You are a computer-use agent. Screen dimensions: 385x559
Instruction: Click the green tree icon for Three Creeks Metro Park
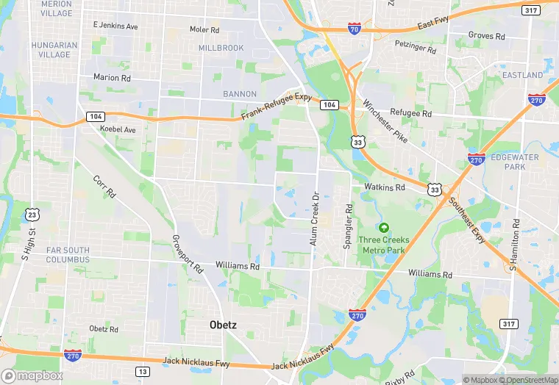pos(383,227)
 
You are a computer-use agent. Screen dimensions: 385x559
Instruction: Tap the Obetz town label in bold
pos(220,323)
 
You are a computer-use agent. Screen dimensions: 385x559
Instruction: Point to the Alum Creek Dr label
pos(314,219)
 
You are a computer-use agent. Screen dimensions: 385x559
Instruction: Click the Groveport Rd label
pos(187,253)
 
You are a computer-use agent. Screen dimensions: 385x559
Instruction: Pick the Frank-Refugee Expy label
pos(278,107)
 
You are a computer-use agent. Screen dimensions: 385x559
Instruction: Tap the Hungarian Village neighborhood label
pos(54,49)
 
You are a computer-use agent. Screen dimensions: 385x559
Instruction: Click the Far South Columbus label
pos(68,254)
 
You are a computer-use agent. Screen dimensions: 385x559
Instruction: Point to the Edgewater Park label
pos(518,162)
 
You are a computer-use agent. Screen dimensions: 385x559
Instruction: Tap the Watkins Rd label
pos(385,187)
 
